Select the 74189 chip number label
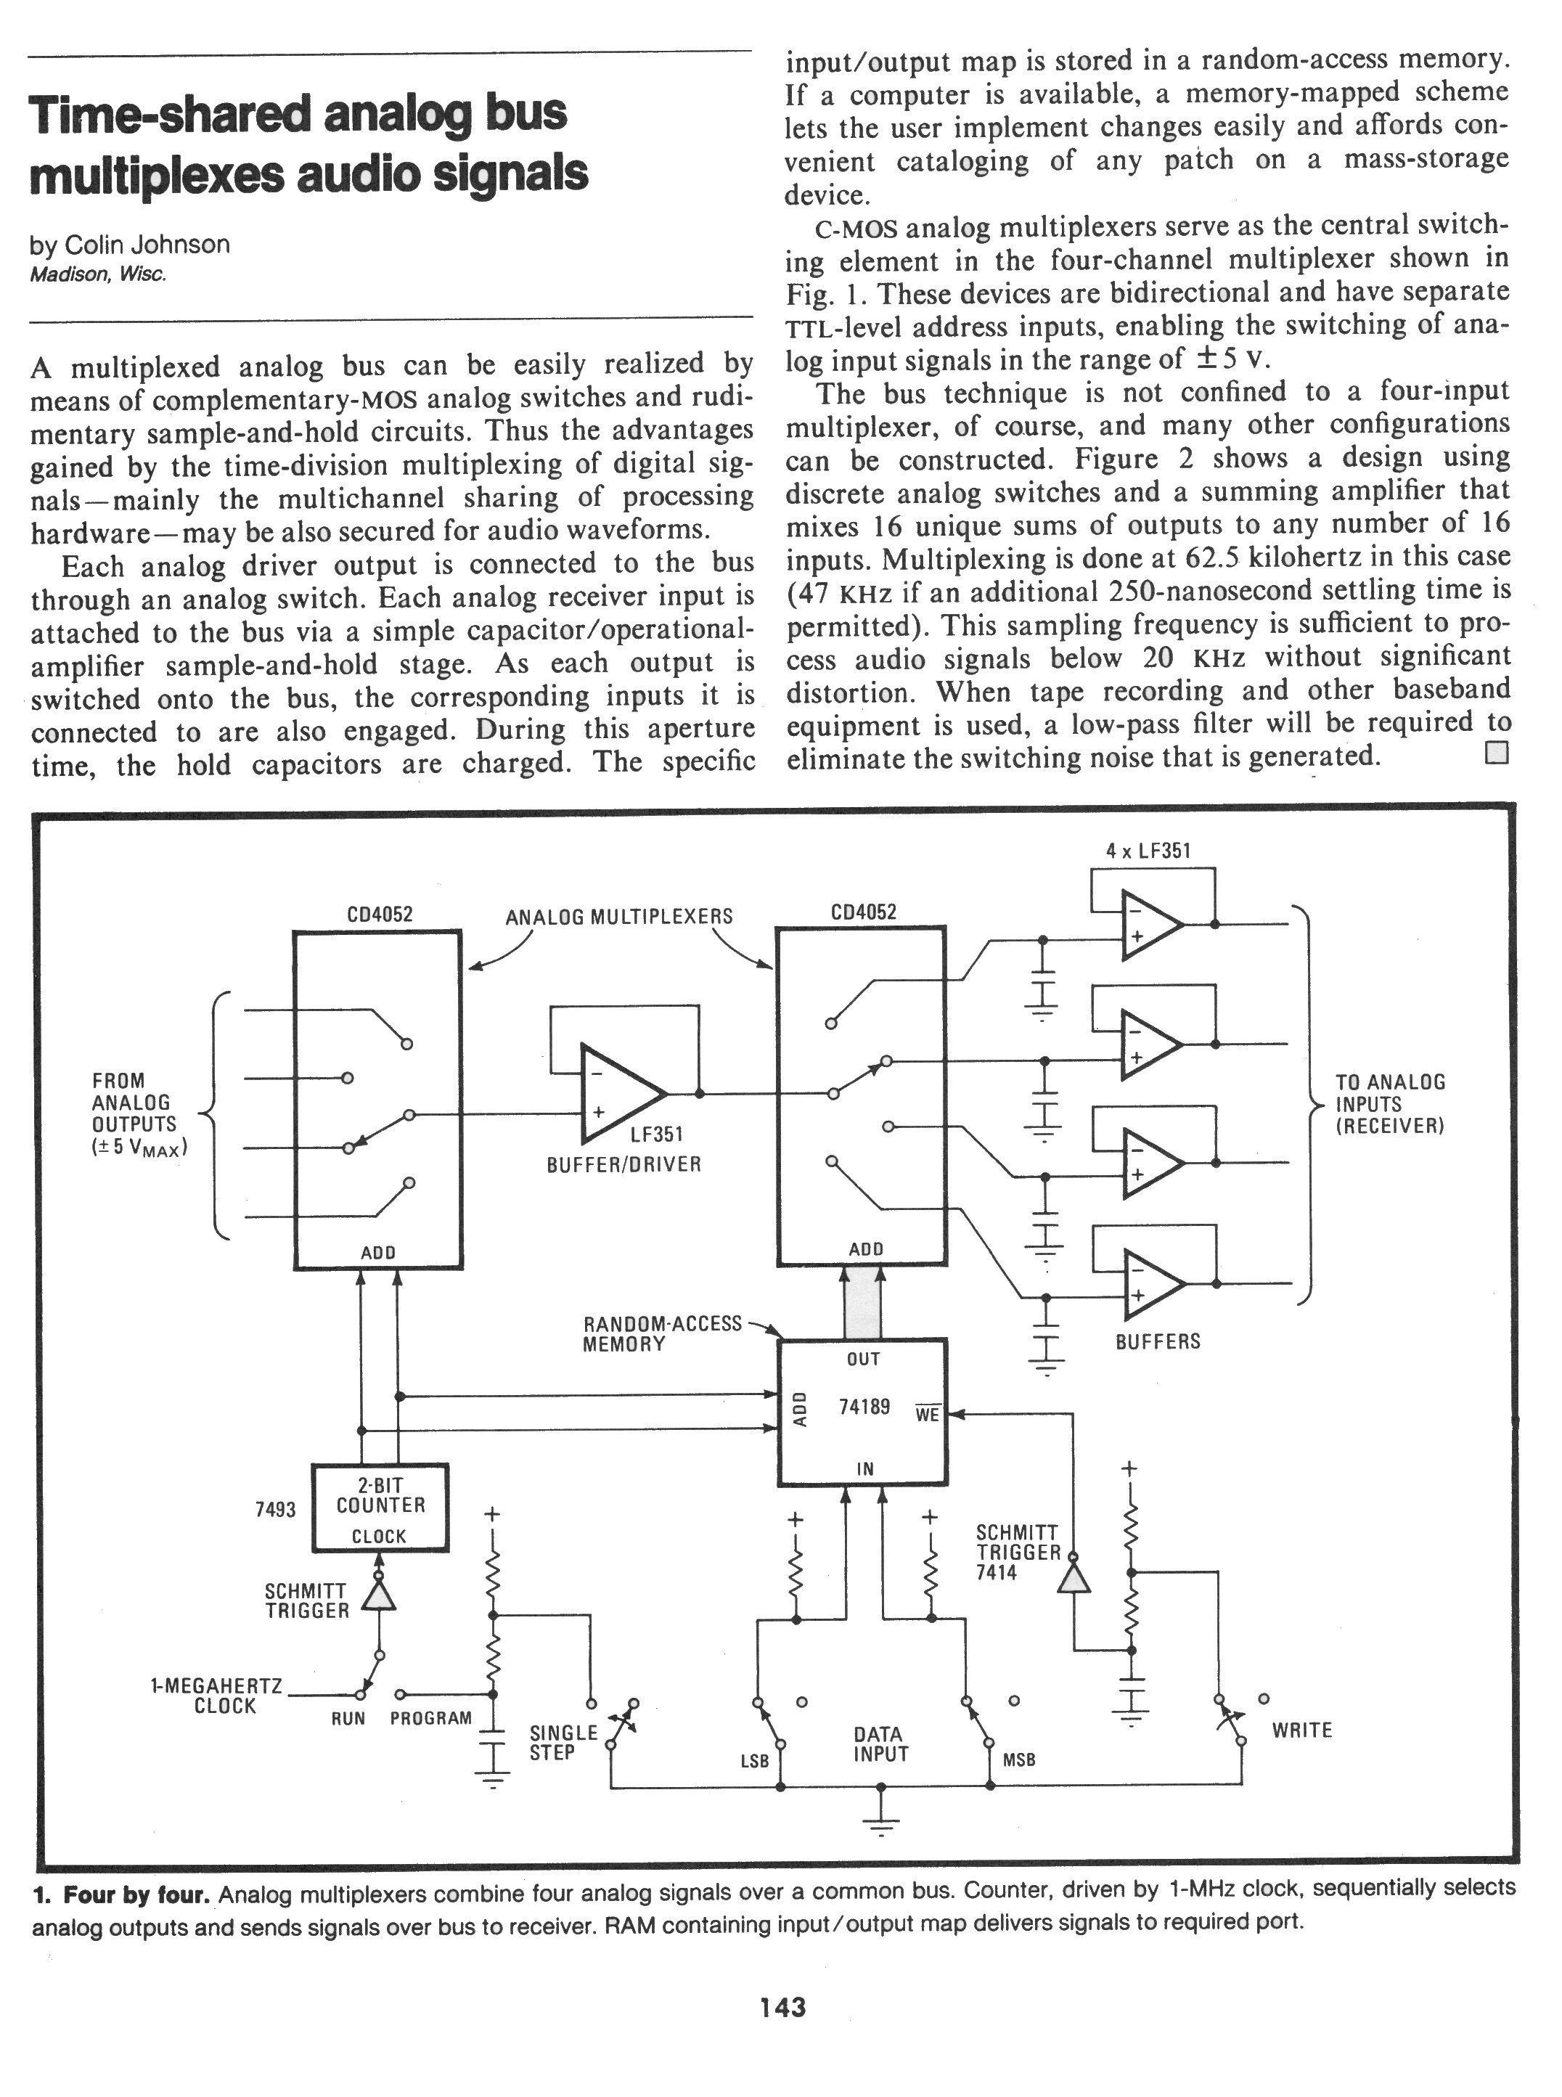coord(864,1407)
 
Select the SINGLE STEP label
coord(563,1741)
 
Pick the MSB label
coord(1019,1759)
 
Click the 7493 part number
coord(275,1510)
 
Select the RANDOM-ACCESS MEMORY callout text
coord(662,1333)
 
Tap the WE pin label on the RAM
coord(927,1415)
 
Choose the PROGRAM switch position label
coord(430,1718)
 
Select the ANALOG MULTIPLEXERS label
coord(619,916)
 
